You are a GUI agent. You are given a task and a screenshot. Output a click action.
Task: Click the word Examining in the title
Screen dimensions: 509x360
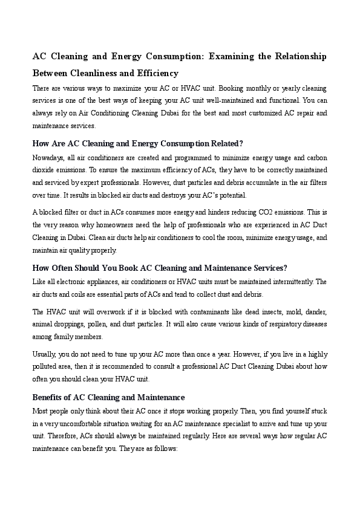(232, 56)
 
